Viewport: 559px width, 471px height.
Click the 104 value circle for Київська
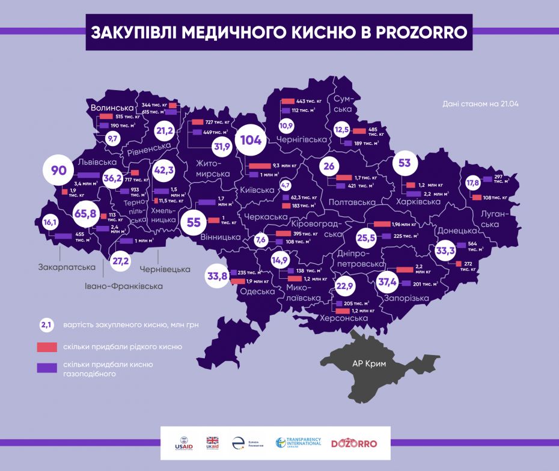coord(251,141)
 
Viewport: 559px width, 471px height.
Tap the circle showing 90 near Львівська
coord(58,171)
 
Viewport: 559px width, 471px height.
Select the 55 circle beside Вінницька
coord(194,222)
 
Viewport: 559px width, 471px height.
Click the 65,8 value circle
coord(85,213)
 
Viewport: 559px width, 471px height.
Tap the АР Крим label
coord(369,364)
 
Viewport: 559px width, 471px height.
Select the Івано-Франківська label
coord(124,287)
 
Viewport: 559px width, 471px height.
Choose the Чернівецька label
coord(165,269)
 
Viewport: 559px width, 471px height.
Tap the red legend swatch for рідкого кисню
coord(46,347)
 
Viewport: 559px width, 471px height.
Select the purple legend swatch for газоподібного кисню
coord(46,368)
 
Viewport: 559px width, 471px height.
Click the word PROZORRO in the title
coord(421,32)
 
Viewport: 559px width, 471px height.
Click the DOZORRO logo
coord(354,443)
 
